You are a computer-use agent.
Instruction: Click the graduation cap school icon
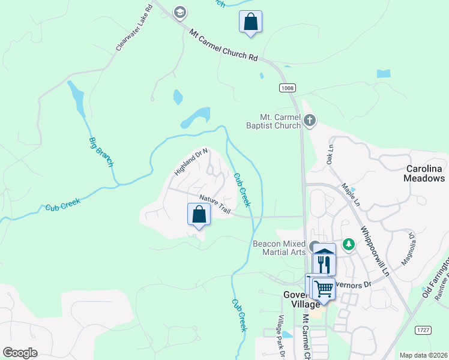pyautogui.click(x=179, y=12)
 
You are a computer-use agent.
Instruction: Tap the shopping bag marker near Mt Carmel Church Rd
pyautogui.click(x=250, y=23)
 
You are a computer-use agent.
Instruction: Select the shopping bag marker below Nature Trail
pyautogui.click(x=199, y=215)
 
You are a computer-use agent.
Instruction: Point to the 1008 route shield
pyautogui.click(x=287, y=88)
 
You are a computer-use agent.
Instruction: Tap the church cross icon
pyautogui.click(x=310, y=121)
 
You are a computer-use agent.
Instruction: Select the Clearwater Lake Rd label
pyautogui.click(x=131, y=31)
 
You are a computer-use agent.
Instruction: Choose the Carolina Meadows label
pyautogui.click(x=424, y=173)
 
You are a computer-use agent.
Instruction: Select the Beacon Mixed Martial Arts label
pyautogui.click(x=279, y=247)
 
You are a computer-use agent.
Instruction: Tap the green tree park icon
pyautogui.click(x=349, y=244)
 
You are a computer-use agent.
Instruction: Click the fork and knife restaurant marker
pyautogui.click(x=325, y=263)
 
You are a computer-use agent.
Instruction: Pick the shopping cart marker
pyautogui.click(x=324, y=289)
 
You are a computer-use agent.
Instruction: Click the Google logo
pyautogui.click(x=20, y=353)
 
